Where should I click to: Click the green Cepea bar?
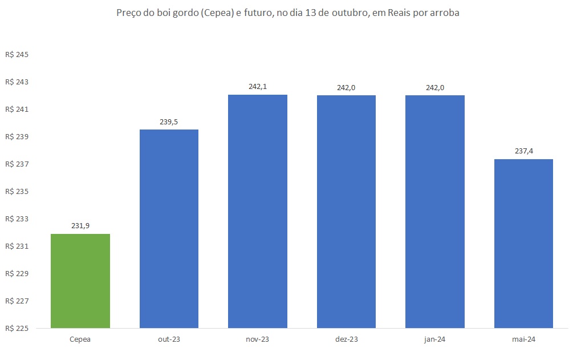(x=80, y=281)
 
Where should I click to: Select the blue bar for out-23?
(x=169, y=228)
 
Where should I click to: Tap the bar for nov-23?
(x=258, y=211)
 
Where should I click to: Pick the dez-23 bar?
(x=346, y=211)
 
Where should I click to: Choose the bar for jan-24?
(x=435, y=211)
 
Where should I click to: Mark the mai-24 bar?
(x=523, y=243)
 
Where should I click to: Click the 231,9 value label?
(x=80, y=226)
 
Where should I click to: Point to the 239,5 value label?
(x=169, y=122)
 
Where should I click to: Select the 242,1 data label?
(x=258, y=87)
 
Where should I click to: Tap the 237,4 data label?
(x=523, y=151)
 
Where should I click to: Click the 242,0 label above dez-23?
(x=346, y=87)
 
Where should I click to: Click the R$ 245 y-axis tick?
(x=17, y=55)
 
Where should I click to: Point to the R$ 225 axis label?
(x=17, y=329)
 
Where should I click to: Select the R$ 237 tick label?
(x=17, y=164)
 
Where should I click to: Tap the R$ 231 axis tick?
(x=17, y=246)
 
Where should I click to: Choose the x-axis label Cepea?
(x=80, y=339)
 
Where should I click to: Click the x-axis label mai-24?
(x=523, y=339)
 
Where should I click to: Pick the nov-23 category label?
(x=258, y=339)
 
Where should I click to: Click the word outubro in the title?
(x=332, y=14)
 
